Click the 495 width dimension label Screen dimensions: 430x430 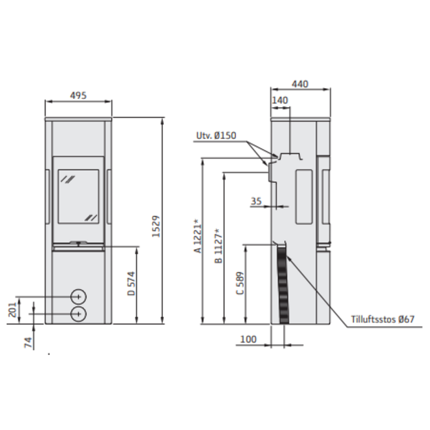coord(78,96)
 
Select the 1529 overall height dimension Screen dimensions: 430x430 coord(155,226)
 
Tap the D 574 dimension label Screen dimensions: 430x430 coord(131,283)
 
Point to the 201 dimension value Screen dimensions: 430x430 coord(12,310)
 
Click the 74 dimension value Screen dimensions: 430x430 coord(28,343)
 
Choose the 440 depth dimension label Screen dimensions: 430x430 coord(300,84)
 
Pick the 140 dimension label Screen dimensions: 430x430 coord(280,100)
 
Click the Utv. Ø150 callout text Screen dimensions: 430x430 coord(216,136)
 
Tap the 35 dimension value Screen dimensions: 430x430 coord(256,201)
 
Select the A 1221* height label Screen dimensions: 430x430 coord(197,236)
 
